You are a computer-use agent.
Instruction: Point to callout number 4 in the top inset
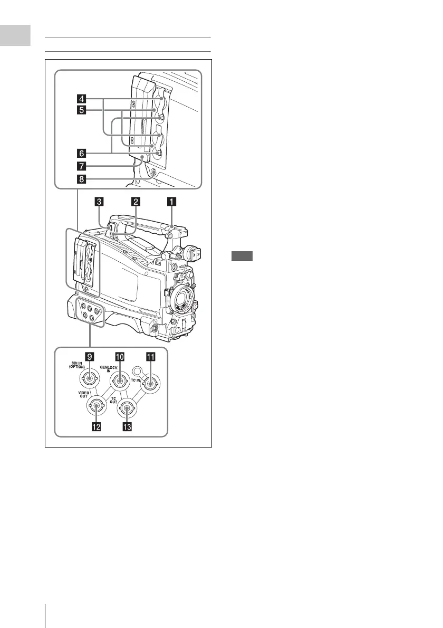point(82,98)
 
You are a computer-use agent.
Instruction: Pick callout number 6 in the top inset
point(82,153)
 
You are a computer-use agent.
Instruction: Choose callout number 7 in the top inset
point(82,166)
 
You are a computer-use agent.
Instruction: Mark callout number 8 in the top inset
point(82,179)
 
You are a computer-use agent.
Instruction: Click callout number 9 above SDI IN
point(90,357)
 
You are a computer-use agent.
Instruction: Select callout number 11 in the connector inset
point(150,357)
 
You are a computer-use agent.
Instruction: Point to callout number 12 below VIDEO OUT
point(97,428)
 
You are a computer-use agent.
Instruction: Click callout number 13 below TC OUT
point(127,428)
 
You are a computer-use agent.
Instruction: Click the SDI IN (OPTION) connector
point(89,379)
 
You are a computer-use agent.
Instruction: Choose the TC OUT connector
point(127,407)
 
